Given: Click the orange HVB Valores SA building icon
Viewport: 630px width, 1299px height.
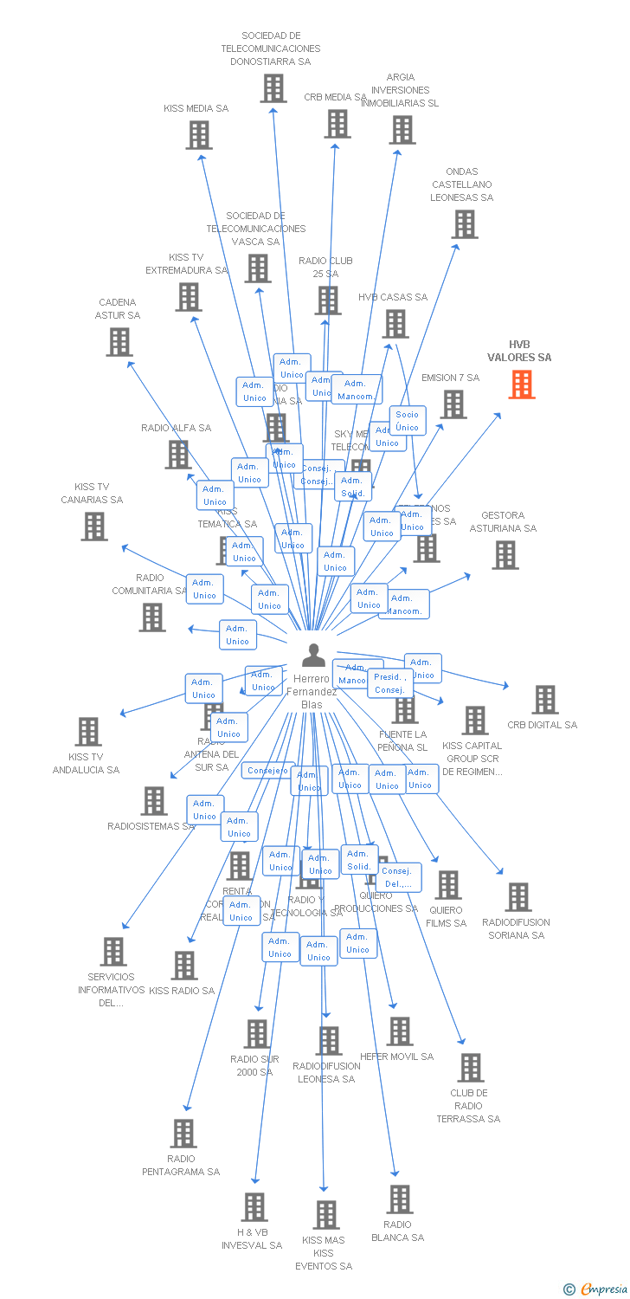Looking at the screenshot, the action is pyautogui.click(x=521, y=384).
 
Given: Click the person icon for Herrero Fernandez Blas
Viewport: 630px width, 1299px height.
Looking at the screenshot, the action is pyautogui.click(x=313, y=656).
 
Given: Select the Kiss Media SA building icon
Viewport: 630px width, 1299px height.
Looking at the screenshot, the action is pyautogui.click(x=199, y=135).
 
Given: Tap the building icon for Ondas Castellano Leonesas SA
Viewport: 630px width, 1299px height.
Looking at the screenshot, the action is pyautogui.click(x=465, y=224).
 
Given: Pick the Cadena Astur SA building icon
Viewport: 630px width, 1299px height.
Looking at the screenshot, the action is pyautogui.click(x=119, y=342).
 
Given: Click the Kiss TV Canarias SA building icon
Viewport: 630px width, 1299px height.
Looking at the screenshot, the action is pyautogui.click(x=94, y=527).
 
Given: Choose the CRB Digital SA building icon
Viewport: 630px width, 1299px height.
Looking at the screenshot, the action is pyautogui.click(x=544, y=700).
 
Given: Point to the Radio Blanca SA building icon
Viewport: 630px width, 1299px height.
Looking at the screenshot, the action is pyautogui.click(x=399, y=1199).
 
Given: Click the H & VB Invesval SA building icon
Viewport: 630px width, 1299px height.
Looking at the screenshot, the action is pyautogui.click(x=254, y=1207).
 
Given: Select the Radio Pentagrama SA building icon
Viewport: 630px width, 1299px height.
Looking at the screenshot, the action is pyautogui.click(x=183, y=1134).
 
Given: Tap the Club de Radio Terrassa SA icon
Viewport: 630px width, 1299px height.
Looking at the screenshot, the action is pyautogui.click(x=471, y=1068).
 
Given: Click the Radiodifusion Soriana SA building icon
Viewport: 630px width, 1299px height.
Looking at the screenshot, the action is pyautogui.click(x=518, y=897).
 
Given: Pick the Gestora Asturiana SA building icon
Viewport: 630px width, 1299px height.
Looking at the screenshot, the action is pyautogui.click(x=505, y=555).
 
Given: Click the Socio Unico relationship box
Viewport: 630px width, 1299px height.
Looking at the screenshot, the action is pyautogui.click(x=408, y=421).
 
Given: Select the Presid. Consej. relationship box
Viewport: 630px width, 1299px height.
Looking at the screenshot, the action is pyautogui.click(x=389, y=683).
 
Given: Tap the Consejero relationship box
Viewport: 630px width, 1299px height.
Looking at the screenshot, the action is pyautogui.click(x=267, y=771).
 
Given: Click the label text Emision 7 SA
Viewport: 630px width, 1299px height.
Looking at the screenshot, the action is pyautogui.click(x=450, y=378).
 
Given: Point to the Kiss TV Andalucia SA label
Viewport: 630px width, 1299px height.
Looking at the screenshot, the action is pyautogui.click(x=86, y=763).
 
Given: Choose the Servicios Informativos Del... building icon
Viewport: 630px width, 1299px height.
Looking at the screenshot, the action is pyautogui.click(x=113, y=952).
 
